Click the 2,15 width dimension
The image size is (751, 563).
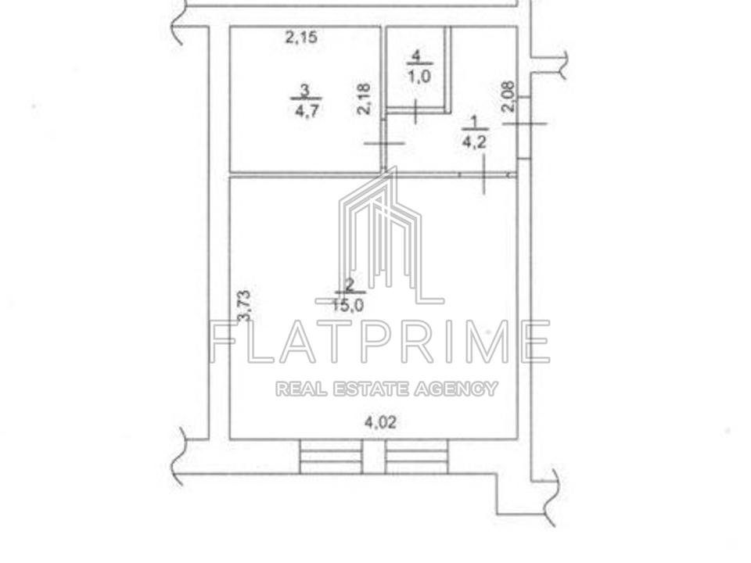pos(301,37)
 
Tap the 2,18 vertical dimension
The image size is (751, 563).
pos(364,99)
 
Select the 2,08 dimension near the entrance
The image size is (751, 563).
pos(508,96)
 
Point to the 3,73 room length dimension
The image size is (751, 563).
pos(244,306)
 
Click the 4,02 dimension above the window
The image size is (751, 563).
pos(380,423)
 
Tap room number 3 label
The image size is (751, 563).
pos(304,89)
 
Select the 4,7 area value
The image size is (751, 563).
pos(307,112)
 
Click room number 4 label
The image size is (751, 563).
pos(415,56)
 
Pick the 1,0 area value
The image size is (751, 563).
pos(419,77)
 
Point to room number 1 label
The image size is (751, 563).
pos(475,122)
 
